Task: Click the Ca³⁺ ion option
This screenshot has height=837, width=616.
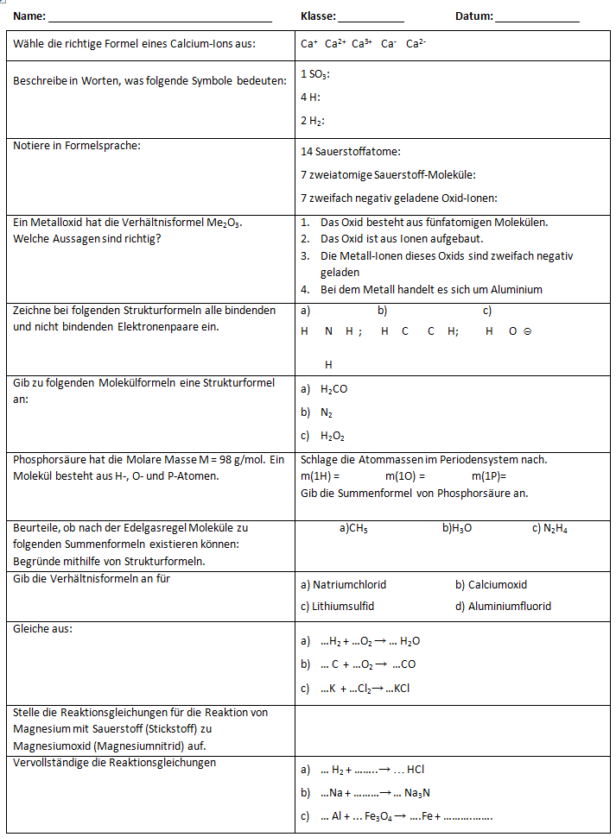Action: coord(361,44)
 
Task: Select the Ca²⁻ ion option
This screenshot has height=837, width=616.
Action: coord(416,44)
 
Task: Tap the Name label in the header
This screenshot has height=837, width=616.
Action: coord(29,16)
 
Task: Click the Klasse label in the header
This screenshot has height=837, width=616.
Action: coord(318,16)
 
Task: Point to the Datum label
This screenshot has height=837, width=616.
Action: coord(474,16)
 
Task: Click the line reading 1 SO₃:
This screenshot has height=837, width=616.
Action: coord(315,75)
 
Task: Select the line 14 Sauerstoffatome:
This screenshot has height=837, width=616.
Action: coord(351,152)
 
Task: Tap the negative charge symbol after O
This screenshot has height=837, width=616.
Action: coord(527,331)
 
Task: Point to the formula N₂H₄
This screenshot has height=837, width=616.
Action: coord(555,529)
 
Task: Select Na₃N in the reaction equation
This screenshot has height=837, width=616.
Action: coord(418,793)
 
